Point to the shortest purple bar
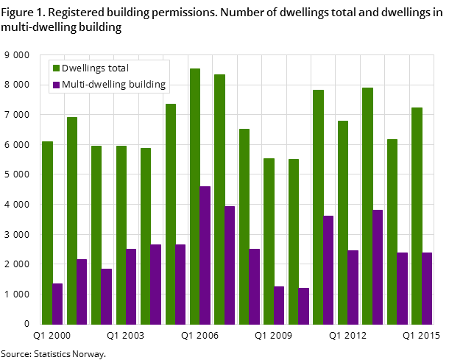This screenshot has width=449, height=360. click(x=303, y=306)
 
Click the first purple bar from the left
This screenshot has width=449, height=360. click(x=57, y=303)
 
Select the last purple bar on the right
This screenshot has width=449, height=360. click(x=427, y=288)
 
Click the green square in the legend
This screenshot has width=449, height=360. click(x=55, y=68)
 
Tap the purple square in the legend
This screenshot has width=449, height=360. click(x=55, y=85)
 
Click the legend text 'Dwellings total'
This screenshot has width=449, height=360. click(x=95, y=68)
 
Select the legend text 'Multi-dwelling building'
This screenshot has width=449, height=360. click(x=113, y=85)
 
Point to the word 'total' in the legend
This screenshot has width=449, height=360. click(x=117, y=68)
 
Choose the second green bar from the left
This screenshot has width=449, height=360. click(x=72, y=220)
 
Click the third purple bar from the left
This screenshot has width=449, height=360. click(x=107, y=296)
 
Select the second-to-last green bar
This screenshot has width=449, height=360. click(x=392, y=231)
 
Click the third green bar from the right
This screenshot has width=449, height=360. click(x=367, y=205)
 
